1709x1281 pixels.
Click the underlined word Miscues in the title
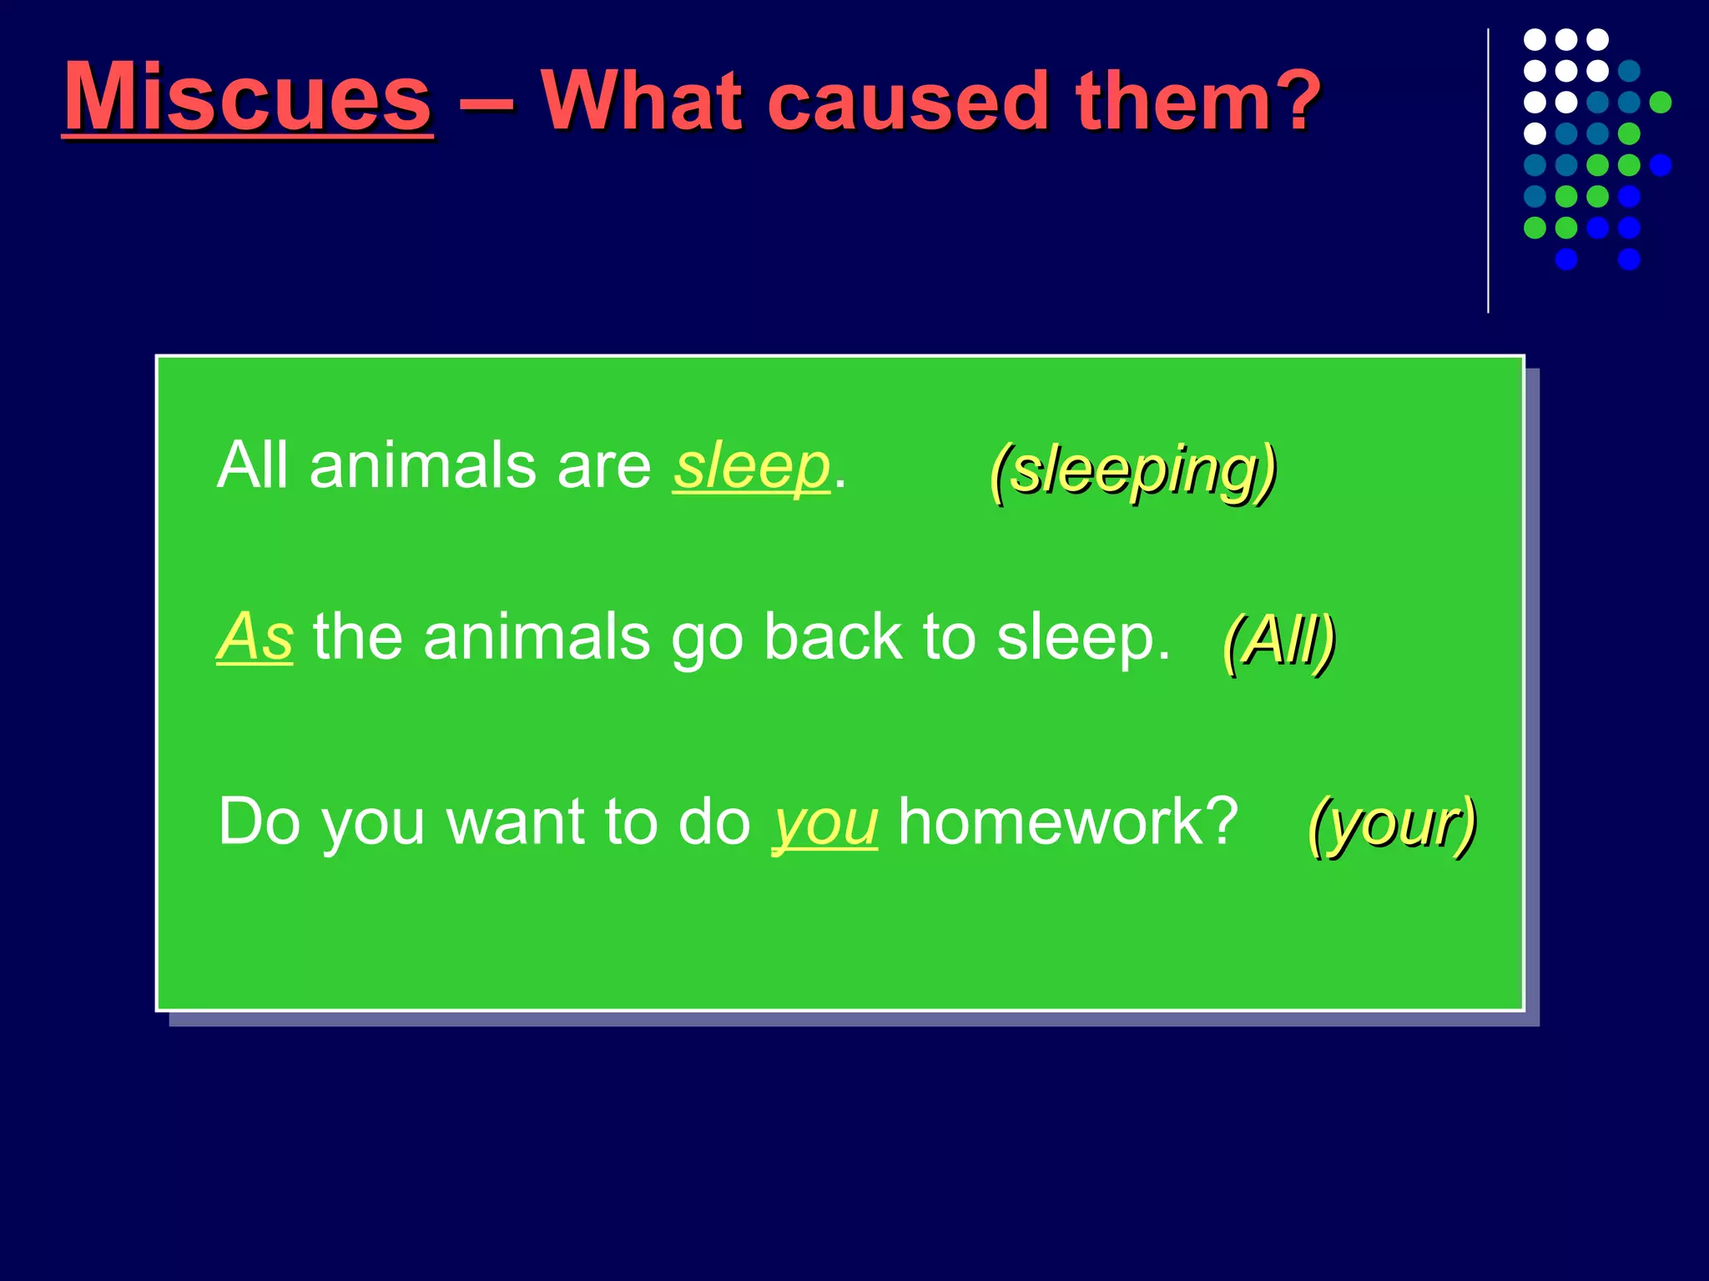[x=248, y=98]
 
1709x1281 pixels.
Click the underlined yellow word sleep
[x=751, y=467]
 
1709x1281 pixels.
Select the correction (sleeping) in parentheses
[x=1132, y=471]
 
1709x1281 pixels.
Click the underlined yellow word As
[x=255, y=638]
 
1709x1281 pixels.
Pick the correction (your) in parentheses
[x=1392, y=824]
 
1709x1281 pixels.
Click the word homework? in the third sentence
[x=1068, y=821]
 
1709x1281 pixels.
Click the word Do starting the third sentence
[x=259, y=821]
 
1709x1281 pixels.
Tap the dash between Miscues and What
[x=486, y=105]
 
